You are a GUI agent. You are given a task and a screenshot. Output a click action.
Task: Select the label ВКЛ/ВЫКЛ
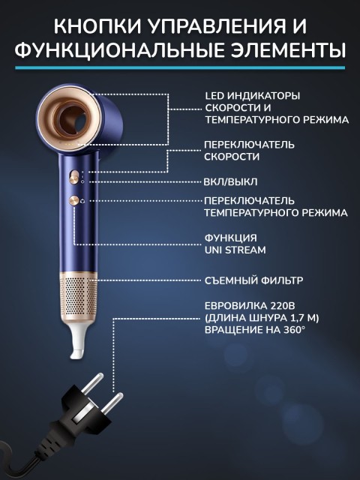coord(231,181)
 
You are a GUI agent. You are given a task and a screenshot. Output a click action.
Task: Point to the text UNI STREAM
coord(235,249)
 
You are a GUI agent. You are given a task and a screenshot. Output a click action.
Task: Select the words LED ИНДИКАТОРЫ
coord(252,96)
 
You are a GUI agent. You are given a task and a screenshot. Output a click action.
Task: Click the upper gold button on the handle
coord(74,175)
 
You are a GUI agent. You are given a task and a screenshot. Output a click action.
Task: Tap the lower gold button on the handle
coord(75,200)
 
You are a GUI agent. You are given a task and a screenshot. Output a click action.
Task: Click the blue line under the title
coord(180,67)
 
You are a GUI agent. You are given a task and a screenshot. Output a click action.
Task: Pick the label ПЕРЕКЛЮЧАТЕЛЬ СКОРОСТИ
coord(249,150)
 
